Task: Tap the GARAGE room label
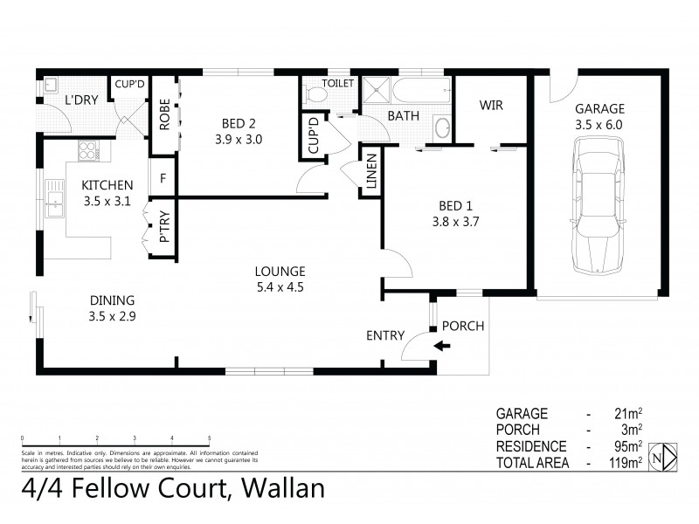(599, 109)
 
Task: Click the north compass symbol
(667, 456)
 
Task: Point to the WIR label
(491, 105)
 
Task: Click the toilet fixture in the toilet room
(314, 96)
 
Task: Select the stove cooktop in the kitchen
(88, 149)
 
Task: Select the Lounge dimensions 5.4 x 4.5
(280, 286)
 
